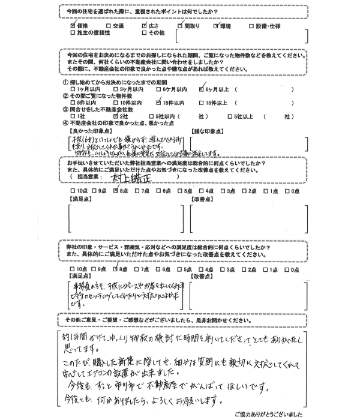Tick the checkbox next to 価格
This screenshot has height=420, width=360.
73,27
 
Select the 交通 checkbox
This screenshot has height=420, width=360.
108,27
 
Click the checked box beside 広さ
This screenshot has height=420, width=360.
144,27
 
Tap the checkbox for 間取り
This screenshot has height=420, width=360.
179,27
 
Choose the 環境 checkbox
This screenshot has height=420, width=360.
216,27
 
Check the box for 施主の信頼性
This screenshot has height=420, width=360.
73,34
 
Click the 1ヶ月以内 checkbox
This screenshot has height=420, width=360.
73,89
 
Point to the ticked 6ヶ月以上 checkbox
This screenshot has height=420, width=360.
202,89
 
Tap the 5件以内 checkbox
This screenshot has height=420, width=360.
73,103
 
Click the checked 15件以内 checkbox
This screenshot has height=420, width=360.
158,103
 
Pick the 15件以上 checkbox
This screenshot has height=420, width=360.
202,103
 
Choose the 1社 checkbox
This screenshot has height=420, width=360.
73,117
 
